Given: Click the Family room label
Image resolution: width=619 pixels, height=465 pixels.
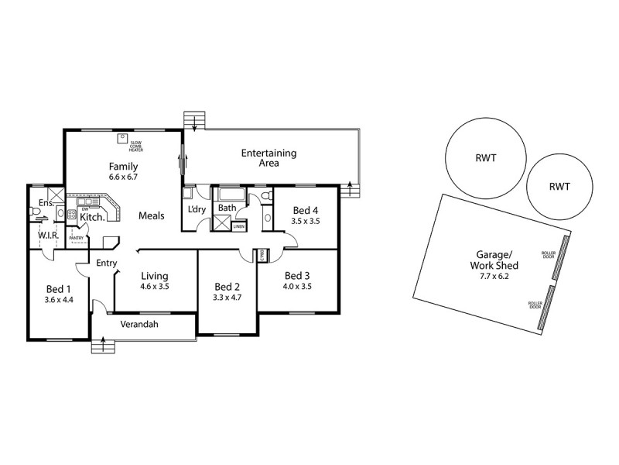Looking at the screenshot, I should (x=123, y=166).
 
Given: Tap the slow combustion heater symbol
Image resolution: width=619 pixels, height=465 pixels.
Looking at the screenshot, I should (x=121, y=139).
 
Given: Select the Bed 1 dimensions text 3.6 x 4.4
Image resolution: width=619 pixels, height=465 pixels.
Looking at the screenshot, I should (x=58, y=298).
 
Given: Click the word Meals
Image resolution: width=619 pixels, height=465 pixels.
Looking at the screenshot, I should (x=151, y=216).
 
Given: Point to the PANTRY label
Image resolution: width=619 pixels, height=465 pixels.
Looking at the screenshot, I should (x=78, y=238).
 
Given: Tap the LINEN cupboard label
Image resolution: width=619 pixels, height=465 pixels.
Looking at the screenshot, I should (x=239, y=226).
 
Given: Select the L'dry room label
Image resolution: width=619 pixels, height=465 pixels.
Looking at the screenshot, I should (x=197, y=209).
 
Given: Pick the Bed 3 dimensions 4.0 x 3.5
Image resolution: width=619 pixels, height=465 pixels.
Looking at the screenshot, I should (x=298, y=286).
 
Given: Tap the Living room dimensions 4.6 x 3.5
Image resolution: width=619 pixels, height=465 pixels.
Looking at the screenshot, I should (x=154, y=286).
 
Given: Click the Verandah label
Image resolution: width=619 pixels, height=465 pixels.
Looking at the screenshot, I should (x=139, y=325).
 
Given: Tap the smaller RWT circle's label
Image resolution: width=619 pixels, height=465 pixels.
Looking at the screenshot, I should (x=559, y=186).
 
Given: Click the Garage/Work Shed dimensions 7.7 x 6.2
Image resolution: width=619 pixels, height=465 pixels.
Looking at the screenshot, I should (x=494, y=276).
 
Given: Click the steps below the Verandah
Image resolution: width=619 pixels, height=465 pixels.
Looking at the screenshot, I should (x=101, y=346).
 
